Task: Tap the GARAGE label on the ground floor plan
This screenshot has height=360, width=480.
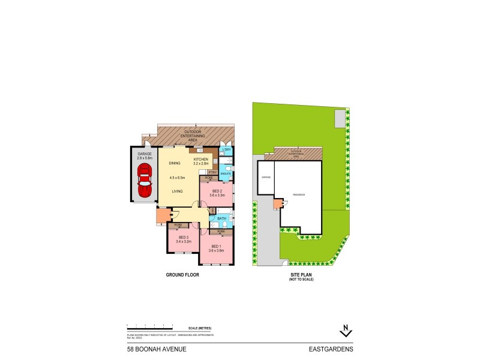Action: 145,154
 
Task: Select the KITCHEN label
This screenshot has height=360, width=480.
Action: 200,159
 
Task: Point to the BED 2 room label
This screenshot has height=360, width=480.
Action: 218,191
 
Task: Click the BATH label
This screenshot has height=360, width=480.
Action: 221,218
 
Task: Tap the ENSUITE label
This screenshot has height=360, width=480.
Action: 226,173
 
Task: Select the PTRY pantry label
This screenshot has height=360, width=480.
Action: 212,172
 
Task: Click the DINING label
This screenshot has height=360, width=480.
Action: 175,163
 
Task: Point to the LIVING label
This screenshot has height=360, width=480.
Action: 178,191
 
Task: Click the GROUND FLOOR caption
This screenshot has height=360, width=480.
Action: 182,275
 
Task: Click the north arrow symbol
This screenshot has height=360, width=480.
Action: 345,330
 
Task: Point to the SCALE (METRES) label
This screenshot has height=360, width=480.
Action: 199,328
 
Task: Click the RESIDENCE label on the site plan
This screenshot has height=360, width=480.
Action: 299,195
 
